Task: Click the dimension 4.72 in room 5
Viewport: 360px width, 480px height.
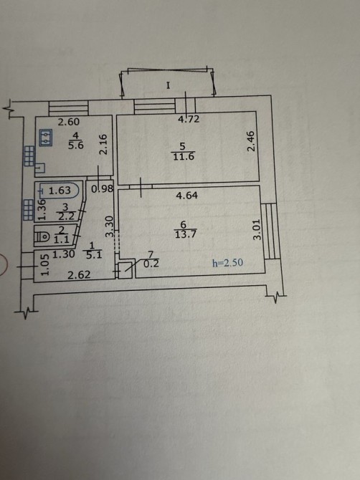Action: (x=189, y=119)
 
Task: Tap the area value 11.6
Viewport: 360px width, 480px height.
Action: (x=184, y=157)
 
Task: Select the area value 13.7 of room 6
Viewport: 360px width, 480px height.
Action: (x=185, y=235)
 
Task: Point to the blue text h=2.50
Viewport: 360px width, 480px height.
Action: (x=227, y=263)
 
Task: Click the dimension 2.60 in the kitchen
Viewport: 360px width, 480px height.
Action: (x=69, y=122)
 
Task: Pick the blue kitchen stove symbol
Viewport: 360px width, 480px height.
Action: (x=45, y=138)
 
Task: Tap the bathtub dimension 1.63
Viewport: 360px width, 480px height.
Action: (x=60, y=191)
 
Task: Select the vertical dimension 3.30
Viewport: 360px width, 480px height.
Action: (x=110, y=226)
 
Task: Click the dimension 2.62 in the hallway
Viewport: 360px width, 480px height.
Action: (x=79, y=275)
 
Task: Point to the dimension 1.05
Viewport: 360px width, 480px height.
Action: (x=44, y=265)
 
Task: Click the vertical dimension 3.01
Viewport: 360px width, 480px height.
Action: (x=257, y=229)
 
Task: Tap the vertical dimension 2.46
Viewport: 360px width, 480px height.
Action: (x=251, y=141)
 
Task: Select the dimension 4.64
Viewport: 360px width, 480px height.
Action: (x=187, y=196)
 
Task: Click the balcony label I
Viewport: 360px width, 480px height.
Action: (x=168, y=85)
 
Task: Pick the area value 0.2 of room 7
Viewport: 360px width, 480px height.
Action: (x=151, y=264)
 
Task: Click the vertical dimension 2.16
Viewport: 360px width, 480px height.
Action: (x=104, y=144)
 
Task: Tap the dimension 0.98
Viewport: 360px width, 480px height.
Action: (x=103, y=189)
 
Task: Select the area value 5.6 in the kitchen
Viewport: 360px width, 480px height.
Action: (x=76, y=145)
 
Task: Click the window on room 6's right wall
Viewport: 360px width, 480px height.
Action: (x=272, y=231)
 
